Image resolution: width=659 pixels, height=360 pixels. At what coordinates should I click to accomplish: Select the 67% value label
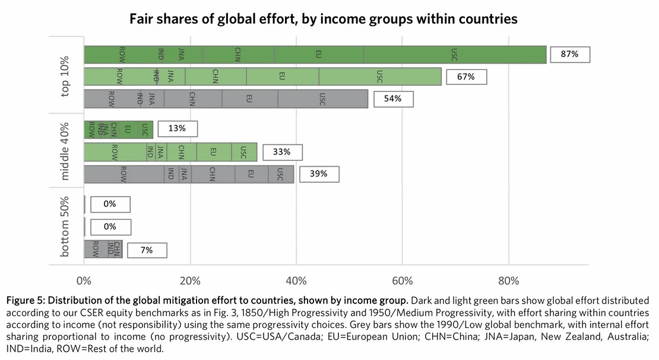click(x=465, y=77)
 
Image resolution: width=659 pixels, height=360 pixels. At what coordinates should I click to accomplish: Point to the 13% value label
click(x=177, y=128)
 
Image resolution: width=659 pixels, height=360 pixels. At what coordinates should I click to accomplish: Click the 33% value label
click(x=281, y=152)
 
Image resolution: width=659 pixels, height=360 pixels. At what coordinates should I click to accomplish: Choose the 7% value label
click(x=146, y=250)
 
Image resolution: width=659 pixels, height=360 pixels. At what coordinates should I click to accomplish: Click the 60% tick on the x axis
click(x=402, y=280)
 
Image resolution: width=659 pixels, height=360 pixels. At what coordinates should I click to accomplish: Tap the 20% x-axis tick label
click(x=190, y=280)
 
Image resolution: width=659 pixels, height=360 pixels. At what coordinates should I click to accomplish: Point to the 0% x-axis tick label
click(x=84, y=280)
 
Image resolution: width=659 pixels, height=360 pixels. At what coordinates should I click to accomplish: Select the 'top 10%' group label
click(x=65, y=76)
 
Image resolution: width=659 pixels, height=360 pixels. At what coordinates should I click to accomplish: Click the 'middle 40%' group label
click(x=65, y=151)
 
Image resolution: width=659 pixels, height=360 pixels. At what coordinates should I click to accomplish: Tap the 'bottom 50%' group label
click(x=65, y=226)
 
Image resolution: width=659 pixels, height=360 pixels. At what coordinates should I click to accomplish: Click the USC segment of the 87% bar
click(x=454, y=55)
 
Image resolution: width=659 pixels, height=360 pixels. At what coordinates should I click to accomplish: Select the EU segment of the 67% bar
click(x=282, y=77)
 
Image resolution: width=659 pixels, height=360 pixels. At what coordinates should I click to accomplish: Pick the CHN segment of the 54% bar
click(x=192, y=99)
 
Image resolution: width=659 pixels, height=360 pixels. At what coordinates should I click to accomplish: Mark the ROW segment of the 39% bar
click(x=123, y=174)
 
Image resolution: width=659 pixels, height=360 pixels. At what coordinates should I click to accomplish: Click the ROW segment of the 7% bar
click(x=95, y=250)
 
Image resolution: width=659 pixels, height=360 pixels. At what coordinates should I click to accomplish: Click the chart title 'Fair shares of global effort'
click(x=324, y=19)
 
